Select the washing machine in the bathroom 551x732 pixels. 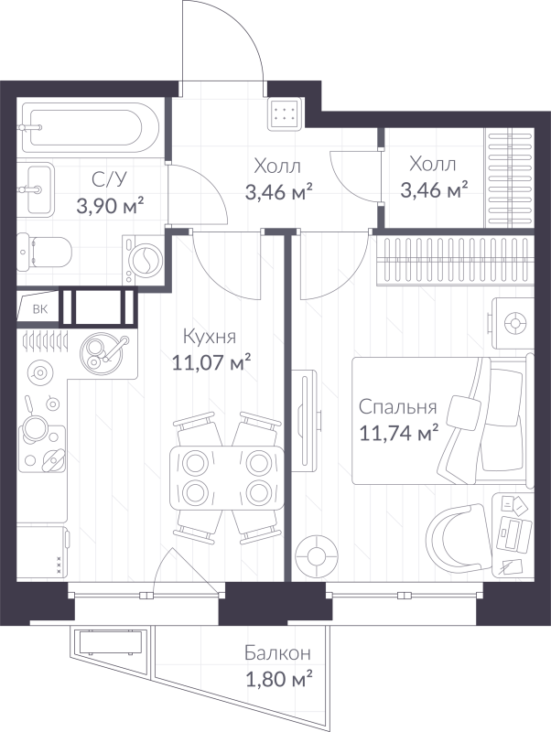tap(144, 259)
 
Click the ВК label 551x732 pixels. tap(39, 309)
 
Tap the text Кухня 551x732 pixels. tap(211, 336)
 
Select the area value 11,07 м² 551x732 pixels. tap(211, 363)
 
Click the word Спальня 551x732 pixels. tap(397, 407)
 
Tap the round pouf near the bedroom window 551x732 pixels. tap(318, 554)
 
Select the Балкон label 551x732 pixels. tap(277, 653)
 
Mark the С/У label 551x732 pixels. tap(103, 179)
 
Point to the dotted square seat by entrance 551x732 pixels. tap(286, 113)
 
